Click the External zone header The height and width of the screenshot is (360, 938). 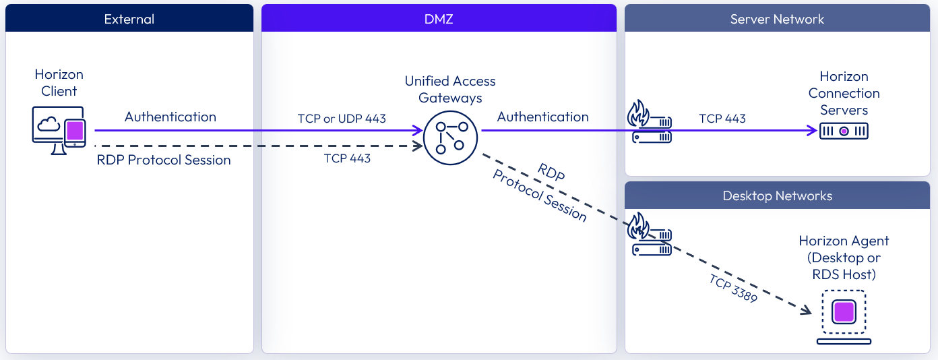(x=129, y=19)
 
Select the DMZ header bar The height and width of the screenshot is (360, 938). (x=439, y=19)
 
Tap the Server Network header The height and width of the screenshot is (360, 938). (x=777, y=19)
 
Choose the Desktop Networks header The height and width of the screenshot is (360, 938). (x=777, y=196)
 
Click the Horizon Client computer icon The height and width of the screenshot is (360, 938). (x=59, y=130)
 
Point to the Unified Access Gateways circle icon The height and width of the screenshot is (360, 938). (x=450, y=137)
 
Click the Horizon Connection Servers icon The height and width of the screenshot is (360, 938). (x=844, y=131)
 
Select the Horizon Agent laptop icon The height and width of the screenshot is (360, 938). (x=844, y=317)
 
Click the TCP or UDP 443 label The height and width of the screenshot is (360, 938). (x=342, y=119)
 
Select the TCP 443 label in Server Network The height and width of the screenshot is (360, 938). (x=722, y=119)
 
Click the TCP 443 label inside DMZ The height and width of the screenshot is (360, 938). (x=347, y=158)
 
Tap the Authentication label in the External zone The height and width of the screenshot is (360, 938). (x=170, y=117)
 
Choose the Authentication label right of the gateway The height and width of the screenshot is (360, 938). (x=542, y=117)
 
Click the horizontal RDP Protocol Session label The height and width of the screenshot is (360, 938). (x=164, y=160)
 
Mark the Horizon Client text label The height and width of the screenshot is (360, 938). (x=59, y=83)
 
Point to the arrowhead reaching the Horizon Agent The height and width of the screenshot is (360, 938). (x=806, y=311)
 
